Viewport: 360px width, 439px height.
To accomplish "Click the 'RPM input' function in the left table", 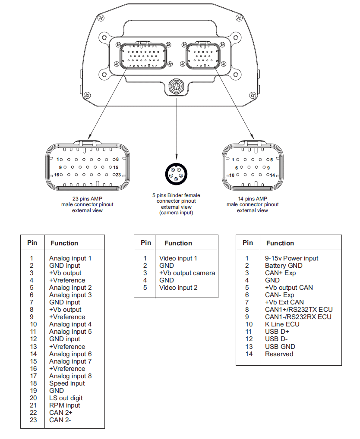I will [x=64, y=405].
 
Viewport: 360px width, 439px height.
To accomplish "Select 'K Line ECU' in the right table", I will [x=282, y=324].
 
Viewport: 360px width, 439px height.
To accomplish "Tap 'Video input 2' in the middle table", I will [x=178, y=288].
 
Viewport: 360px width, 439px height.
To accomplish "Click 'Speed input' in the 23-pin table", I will [x=67, y=383].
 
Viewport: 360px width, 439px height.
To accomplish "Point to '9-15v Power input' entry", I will [x=291, y=258].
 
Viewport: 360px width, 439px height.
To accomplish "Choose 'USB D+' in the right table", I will [x=277, y=332].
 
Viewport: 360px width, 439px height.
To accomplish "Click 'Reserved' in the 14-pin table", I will [x=279, y=354].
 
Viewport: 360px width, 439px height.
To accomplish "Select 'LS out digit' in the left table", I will [x=66, y=398].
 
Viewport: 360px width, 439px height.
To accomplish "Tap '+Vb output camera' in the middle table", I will [x=187, y=273].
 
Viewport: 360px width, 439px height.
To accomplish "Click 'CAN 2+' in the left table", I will [x=60, y=413].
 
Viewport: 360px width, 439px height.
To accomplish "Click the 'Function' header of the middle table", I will [x=178, y=243].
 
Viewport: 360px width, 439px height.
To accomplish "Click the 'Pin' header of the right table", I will [x=248, y=243].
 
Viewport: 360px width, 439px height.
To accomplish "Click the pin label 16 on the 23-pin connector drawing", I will [x=56, y=175].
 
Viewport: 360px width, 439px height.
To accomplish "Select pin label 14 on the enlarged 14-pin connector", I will [x=272, y=175].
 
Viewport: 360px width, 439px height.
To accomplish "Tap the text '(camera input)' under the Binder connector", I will [x=176, y=213].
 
